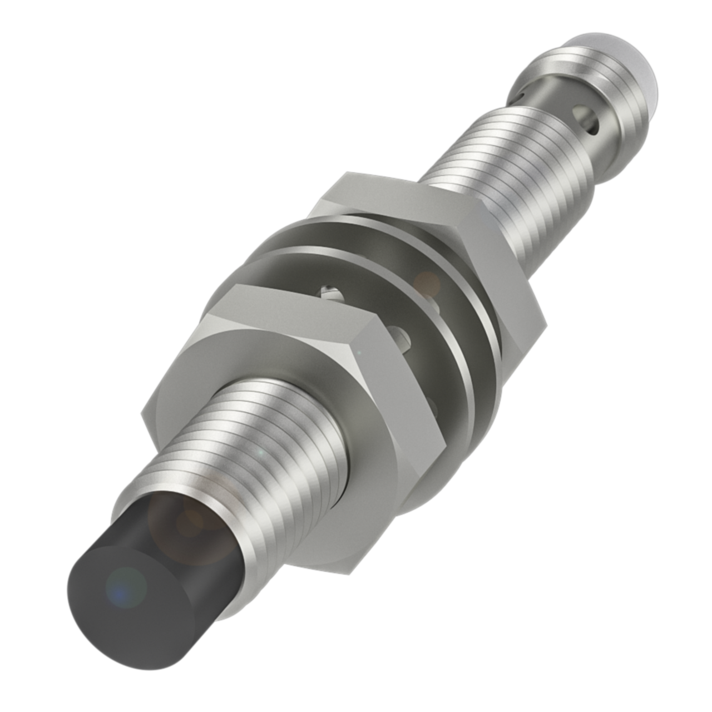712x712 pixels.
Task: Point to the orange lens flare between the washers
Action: pyautogui.click(x=427, y=281)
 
